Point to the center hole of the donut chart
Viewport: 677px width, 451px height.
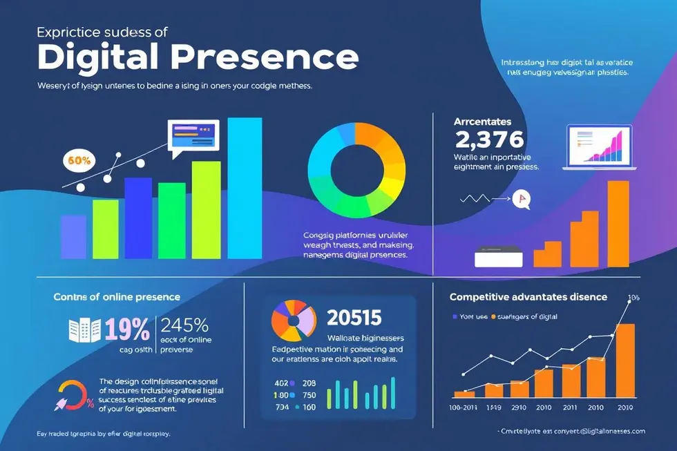click(x=356, y=169)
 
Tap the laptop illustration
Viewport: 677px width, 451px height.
click(x=598, y=148)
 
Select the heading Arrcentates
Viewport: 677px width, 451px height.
click(x=482, y=122)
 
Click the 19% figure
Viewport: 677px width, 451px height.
click(x=127, y=331)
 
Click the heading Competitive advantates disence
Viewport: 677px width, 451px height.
click(x=528, y=297)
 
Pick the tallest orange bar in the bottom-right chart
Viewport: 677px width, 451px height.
click(x=624, y=358)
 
